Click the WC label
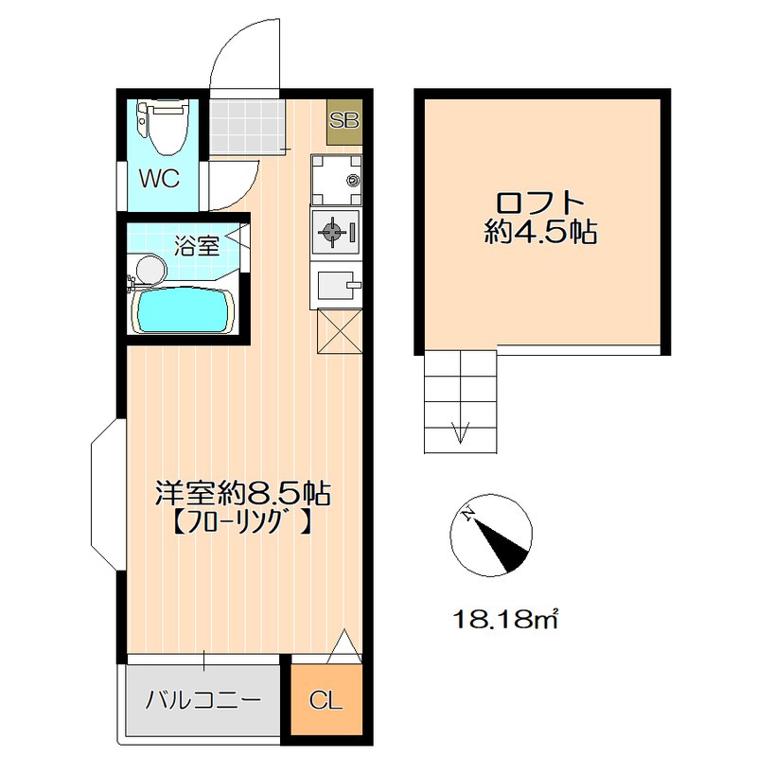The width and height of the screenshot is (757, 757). point(160,179)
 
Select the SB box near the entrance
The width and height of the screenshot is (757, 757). point(343,121)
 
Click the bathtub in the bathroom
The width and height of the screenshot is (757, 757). point(183,309)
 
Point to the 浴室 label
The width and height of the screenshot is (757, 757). point(197,246)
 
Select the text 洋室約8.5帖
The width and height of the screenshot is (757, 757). point(241,493)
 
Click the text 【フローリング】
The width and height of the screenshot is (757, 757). point(241,519)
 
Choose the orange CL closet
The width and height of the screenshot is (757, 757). point(326,701)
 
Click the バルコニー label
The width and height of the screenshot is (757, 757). point(202,701)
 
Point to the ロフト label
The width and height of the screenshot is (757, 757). point(540,203)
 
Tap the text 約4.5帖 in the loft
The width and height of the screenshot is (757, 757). point(540,234)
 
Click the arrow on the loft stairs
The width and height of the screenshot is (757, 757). point(462,431)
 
